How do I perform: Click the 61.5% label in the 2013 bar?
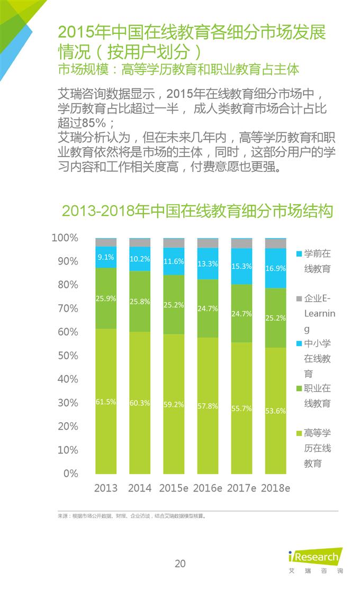tap(106, 402)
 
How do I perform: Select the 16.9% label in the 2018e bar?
tap(275, 268)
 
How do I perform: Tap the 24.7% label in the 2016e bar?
tap(208, 308)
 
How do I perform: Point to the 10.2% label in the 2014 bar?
tap(140, 259)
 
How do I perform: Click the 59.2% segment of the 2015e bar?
tap(174, 404)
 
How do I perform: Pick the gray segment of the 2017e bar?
tap(241, 244)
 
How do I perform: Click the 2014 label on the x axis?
tap(140, 488)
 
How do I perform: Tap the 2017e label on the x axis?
tap(241, 488)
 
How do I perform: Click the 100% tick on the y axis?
tap(65, 238)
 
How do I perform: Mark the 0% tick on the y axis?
tap(71, 474)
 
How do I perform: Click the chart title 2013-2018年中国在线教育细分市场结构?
tap(197, 211)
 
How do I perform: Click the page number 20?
tap(180, 564)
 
